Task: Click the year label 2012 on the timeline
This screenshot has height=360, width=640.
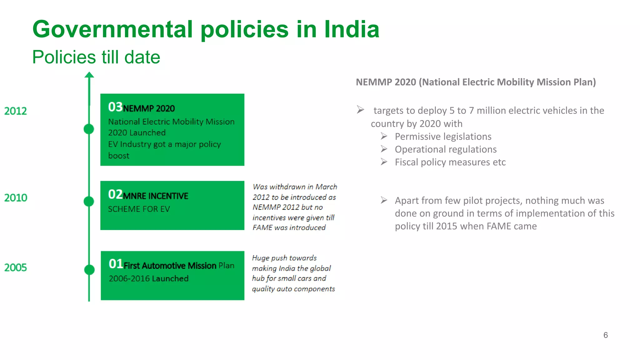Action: (16, 111)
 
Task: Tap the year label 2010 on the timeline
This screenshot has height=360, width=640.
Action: (16, 197)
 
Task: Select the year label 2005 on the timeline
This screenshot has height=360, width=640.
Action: (16, 267)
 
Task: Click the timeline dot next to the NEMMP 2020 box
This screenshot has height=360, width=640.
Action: (89, 129)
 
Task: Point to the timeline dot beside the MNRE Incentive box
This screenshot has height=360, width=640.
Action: (89, 201)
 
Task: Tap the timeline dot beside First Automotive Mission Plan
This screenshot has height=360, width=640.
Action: (89, 269)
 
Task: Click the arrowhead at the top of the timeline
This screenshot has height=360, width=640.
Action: (89, 75)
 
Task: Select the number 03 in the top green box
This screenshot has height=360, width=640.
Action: (115, 107)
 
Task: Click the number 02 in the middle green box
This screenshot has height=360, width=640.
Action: (115, 194)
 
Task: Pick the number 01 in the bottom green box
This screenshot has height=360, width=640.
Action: (116, 264)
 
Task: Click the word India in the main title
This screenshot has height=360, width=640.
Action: (352, 29)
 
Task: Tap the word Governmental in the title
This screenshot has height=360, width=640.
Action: (112, 29)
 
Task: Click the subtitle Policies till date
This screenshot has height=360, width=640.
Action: (96, 57)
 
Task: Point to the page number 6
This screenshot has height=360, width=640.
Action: (606, 335)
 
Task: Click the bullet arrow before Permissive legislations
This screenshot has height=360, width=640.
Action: (384, 136)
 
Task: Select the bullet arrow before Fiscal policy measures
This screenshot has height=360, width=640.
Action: (384, 162)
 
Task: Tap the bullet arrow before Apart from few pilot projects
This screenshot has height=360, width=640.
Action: (384, 200)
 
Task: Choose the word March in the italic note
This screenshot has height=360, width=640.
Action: (326, 187)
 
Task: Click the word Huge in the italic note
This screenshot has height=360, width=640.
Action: (261, 258)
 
